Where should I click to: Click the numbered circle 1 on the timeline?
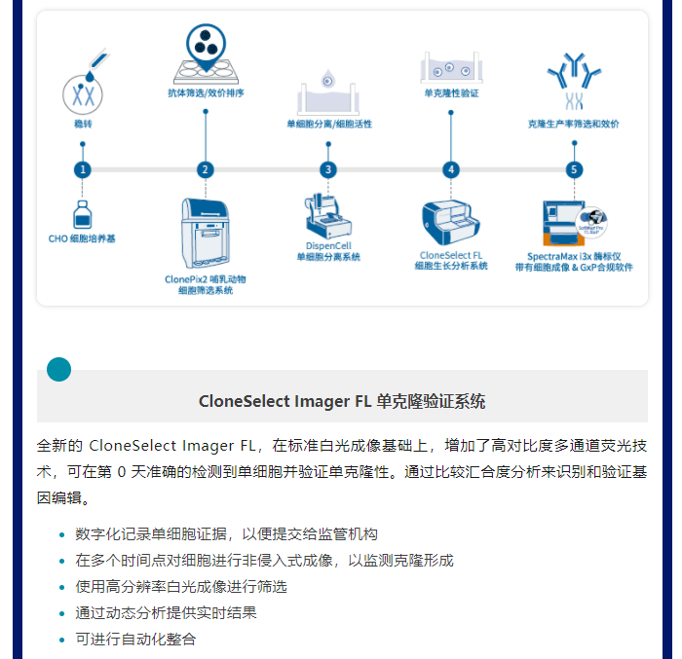[83, 169]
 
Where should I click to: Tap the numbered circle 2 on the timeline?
[206, 169]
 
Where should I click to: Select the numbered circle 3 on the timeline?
[328, 169]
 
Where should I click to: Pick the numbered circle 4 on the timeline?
[451, 169]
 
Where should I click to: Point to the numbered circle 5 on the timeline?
[574, 169]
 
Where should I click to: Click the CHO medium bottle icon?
[83, 214]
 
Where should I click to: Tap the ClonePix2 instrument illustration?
[206, 233]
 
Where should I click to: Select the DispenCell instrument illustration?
[328, 216]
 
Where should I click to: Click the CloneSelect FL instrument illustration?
[451, 223]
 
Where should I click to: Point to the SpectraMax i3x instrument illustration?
[574, 223]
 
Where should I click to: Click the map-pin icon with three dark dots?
[207, 47]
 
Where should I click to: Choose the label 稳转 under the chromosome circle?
[83, 124]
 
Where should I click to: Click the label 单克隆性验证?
[451, 93]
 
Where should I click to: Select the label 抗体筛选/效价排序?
[207, 93]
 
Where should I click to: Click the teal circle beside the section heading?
[58, 370]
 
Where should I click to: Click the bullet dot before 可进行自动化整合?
[61, 640]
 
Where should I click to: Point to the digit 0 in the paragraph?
[122, 472]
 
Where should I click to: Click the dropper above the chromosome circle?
[97, 64]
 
